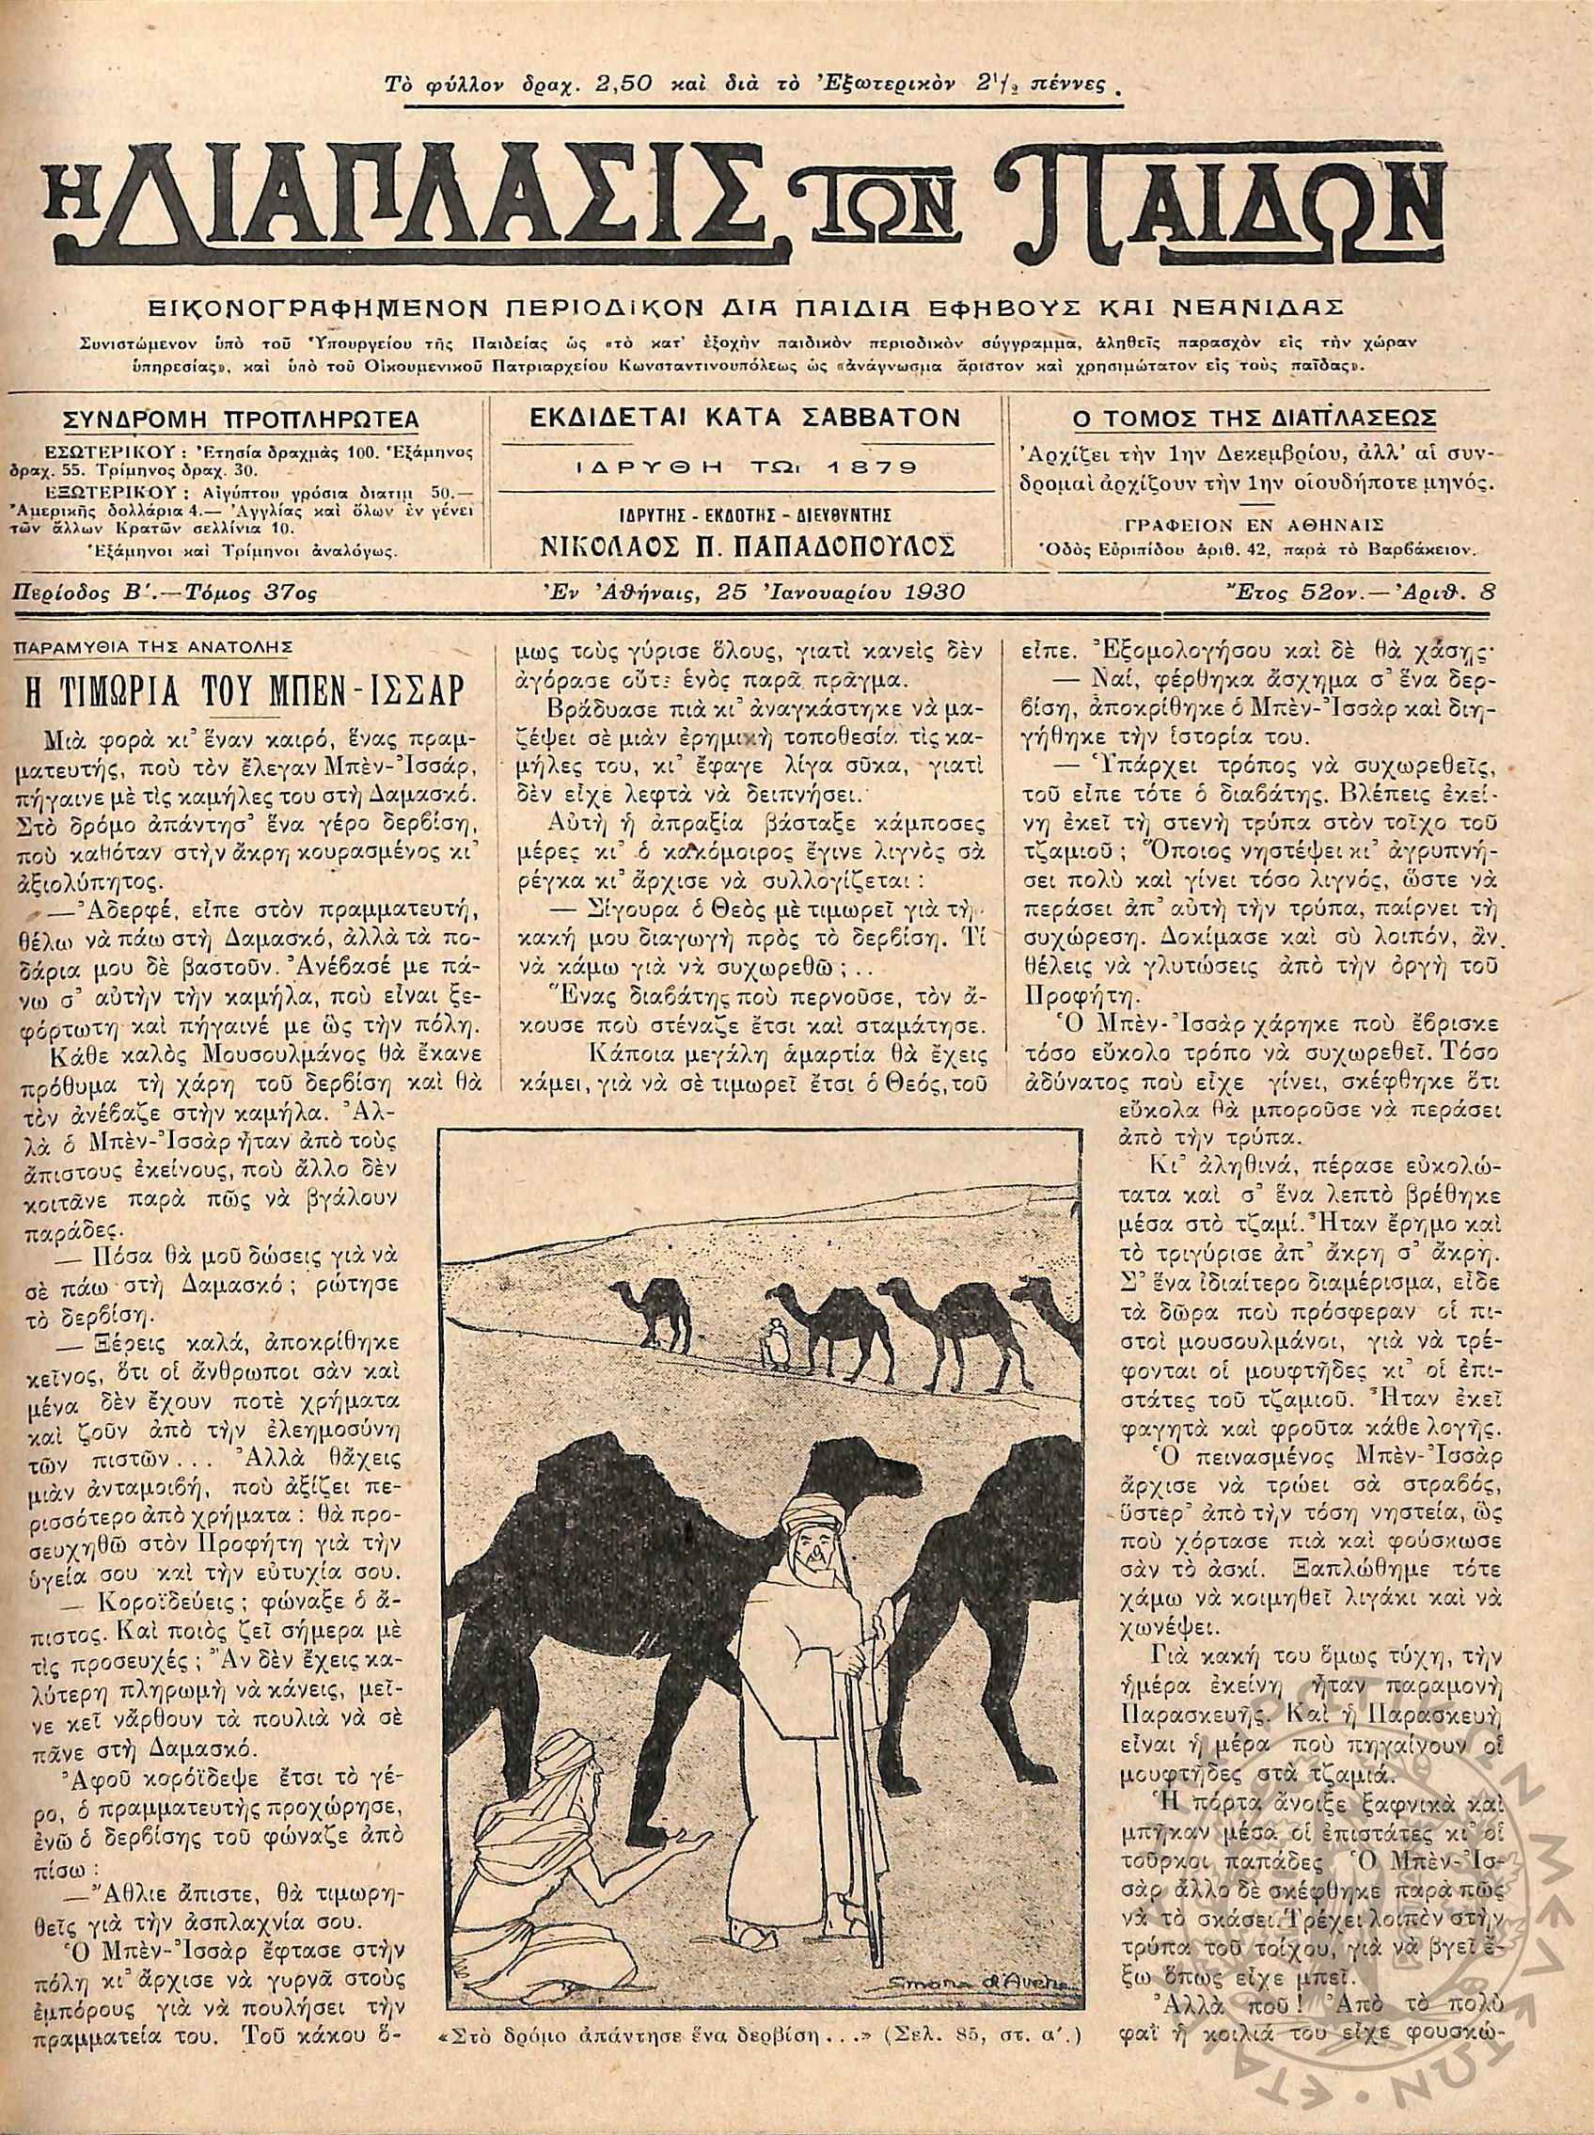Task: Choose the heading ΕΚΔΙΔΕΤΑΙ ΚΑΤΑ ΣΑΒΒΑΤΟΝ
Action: [746, 418]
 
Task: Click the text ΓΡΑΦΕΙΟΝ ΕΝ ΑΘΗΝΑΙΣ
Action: [1255, 526]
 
